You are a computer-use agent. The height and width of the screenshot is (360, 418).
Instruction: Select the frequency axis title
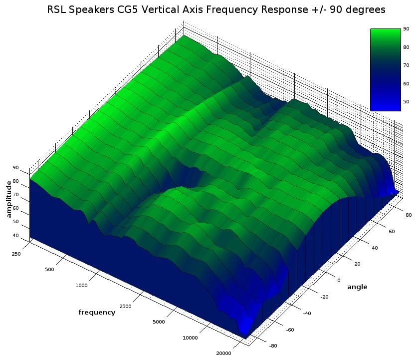tap(97, 313)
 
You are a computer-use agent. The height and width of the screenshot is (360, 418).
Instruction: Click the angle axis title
tap(357, 287)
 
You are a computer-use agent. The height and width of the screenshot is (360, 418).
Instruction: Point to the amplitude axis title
tap(8, 199)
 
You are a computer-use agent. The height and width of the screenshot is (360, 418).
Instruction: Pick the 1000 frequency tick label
tap(81, 286)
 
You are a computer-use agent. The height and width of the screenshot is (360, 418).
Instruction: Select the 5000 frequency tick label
tap(158, 322)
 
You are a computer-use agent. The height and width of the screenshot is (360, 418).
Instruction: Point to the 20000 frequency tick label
tap(223, 354)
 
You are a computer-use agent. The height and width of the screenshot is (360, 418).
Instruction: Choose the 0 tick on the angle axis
tap(339, 280)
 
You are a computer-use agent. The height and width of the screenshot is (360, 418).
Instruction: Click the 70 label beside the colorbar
tap(406, 65)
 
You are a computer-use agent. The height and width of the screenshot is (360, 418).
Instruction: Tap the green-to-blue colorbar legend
tap(385, 69)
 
